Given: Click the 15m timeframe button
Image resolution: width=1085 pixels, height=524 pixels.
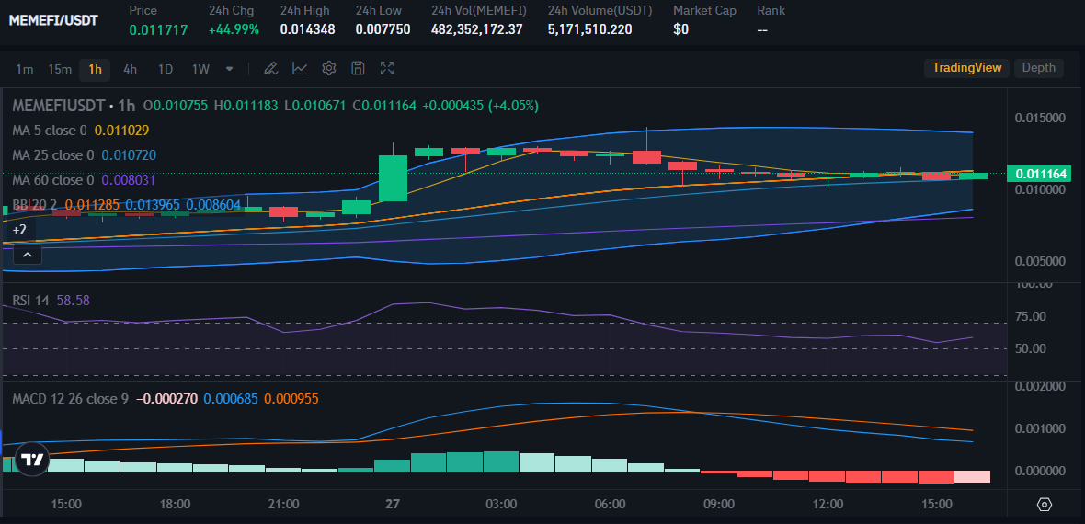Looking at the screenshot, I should click(60, 69).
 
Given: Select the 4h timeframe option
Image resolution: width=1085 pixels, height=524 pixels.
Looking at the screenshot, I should click(130, 69).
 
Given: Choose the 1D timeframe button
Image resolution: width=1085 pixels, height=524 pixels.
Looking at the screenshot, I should click(166, 69).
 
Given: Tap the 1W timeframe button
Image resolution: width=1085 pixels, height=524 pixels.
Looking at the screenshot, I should click(200, 69).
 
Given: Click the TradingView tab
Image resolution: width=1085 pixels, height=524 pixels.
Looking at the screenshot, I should click(966, 68).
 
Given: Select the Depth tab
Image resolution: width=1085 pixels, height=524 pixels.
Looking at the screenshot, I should click(1039, 68).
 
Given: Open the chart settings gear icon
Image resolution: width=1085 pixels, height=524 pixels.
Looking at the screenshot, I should click(329, 68).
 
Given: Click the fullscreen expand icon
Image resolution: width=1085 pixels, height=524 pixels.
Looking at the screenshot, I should click(387, 68).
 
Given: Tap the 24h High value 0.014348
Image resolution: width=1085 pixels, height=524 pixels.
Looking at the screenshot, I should click(307, 29).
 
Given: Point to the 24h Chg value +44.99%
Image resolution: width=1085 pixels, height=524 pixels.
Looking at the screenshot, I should click(234, 29).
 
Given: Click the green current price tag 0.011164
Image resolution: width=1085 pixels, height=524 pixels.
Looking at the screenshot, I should click(1042, 174).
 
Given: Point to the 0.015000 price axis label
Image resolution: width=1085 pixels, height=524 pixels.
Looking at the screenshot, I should click(1040, 119).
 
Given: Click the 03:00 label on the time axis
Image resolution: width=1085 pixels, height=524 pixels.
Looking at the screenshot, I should click(501, 505).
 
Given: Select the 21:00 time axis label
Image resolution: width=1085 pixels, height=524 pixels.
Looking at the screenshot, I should click(283, 505).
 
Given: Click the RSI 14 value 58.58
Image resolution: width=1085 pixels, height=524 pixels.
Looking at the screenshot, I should click(73, 301).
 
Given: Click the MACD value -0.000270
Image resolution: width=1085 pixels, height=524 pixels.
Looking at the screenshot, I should click(164, 399).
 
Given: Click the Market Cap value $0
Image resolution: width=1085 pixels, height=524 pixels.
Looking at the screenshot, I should click(681, 29).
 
